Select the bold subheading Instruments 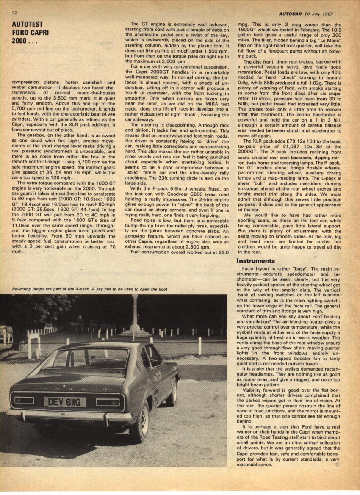point(256,260)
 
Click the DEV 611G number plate point(65,401)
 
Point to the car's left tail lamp point(24,400)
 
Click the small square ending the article point(337,465)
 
